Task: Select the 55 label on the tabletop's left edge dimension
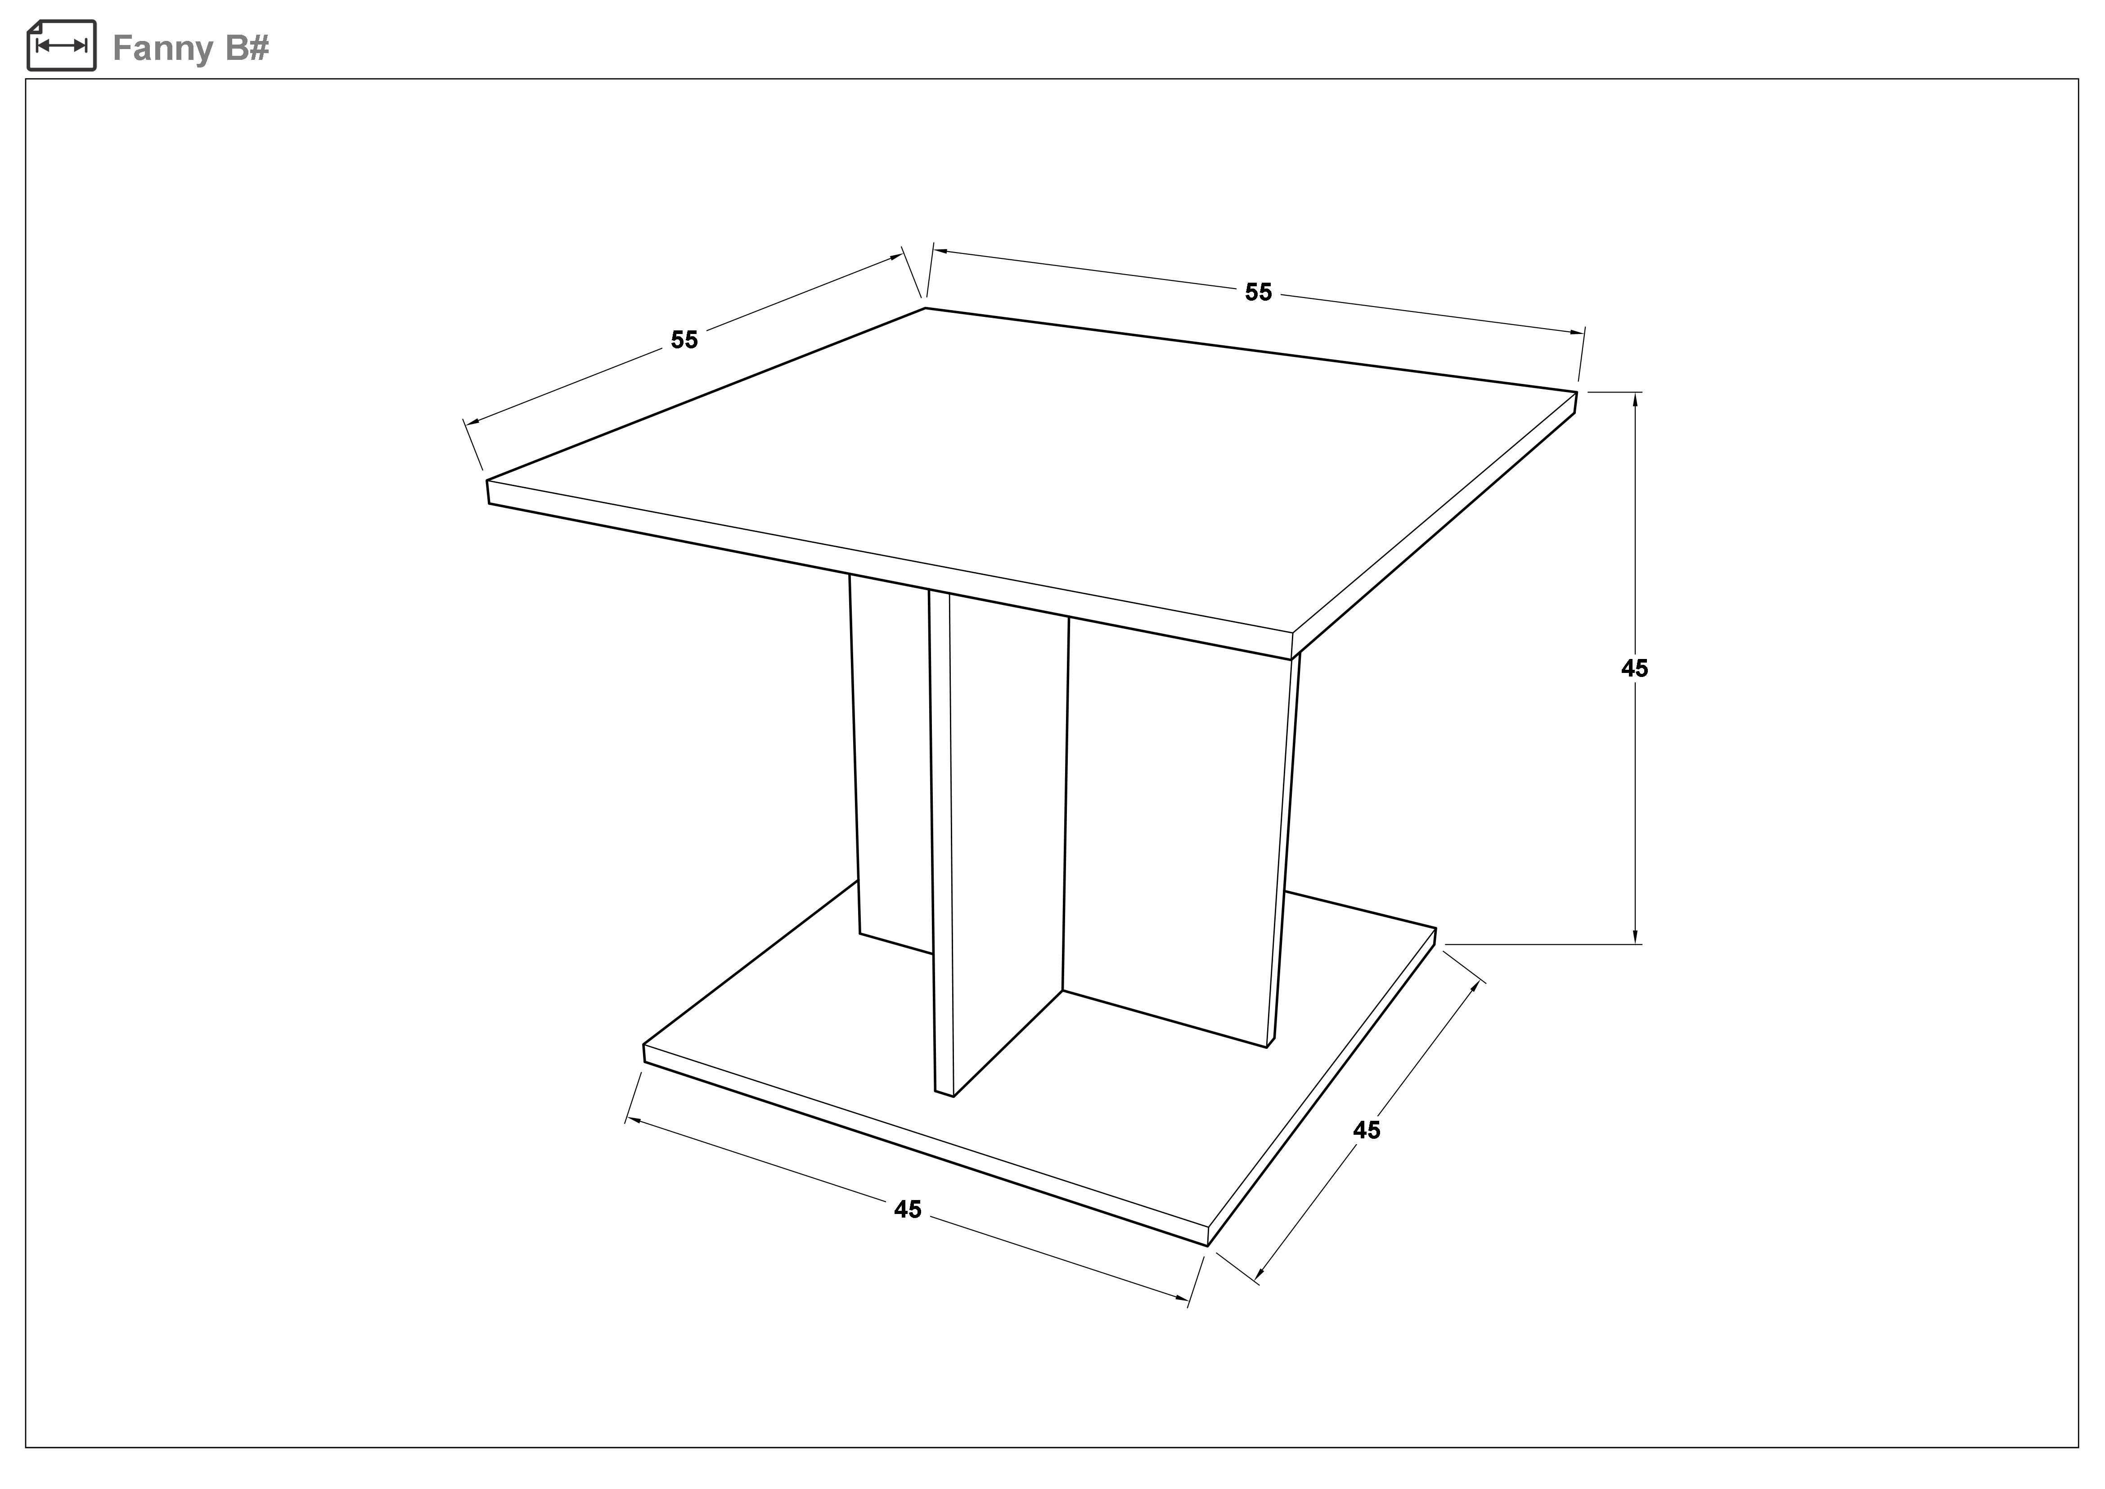[x=684, y=340]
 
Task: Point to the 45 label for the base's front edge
[x=908, y=1209]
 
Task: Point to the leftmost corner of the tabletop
[x=487, y=480]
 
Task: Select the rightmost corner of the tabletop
[x=1577, y=393]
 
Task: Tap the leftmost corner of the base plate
[x=643, y=1044]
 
